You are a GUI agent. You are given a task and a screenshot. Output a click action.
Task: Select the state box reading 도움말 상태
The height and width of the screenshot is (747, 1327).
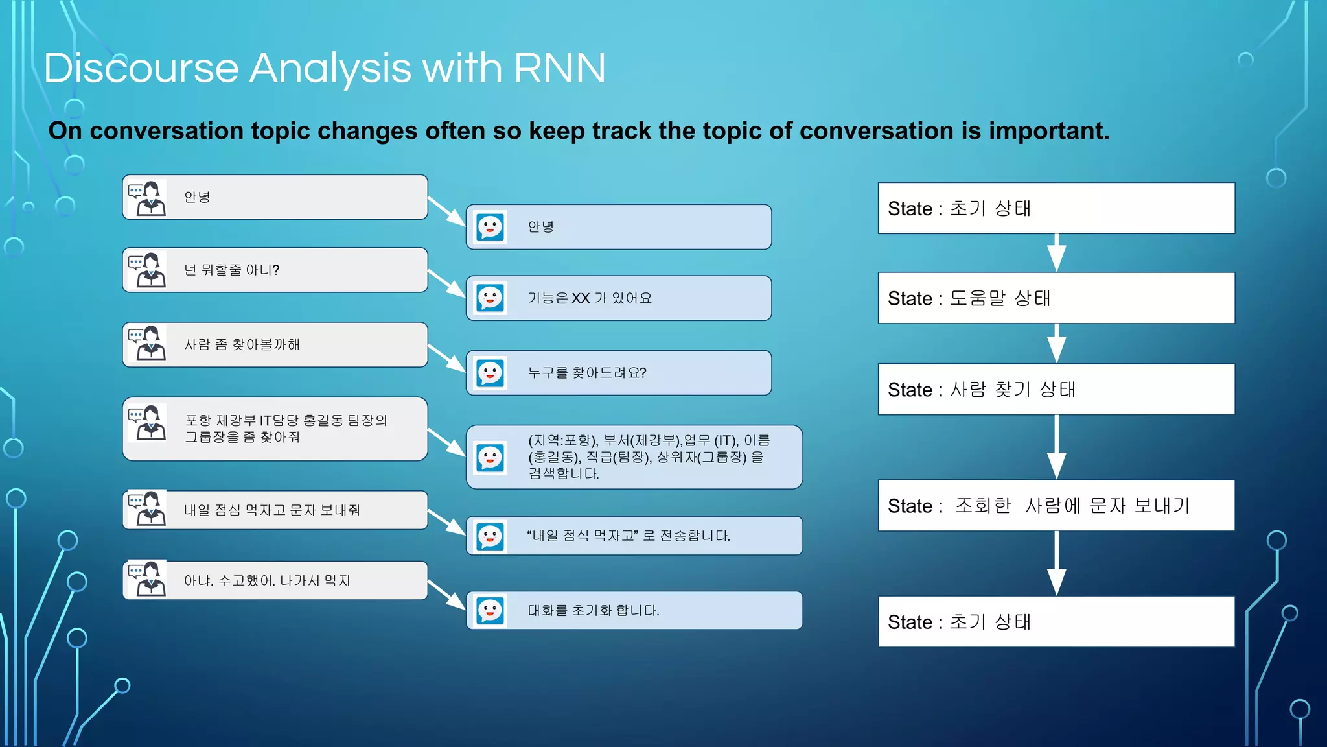click(1056, 298)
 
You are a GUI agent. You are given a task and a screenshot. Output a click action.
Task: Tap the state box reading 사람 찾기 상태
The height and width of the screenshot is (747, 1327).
click(1056, 389)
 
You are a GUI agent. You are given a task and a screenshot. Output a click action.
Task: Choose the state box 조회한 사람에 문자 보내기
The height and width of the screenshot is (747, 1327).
click(1056, 506)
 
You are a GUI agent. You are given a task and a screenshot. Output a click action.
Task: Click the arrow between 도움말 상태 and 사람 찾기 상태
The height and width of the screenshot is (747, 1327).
click(1057, 344)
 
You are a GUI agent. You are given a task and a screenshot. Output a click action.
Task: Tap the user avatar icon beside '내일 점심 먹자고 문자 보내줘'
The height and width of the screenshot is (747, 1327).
click(147, 509)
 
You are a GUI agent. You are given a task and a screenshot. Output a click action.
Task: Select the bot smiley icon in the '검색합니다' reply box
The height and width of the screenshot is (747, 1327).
click(490, 458)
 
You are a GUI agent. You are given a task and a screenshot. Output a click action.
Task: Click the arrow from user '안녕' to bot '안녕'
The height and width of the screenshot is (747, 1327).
click(447, 212)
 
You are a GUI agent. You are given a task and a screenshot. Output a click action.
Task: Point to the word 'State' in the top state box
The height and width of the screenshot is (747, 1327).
click(909, 209)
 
